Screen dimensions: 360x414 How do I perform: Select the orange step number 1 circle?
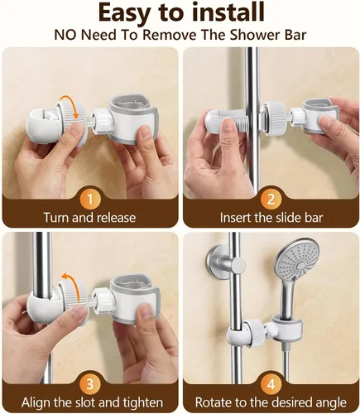[90, 200]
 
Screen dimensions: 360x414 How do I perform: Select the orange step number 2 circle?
[271, 200]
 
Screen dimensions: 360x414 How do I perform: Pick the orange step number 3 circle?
[90, 384]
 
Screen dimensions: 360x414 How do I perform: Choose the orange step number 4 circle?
[271, 384]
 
